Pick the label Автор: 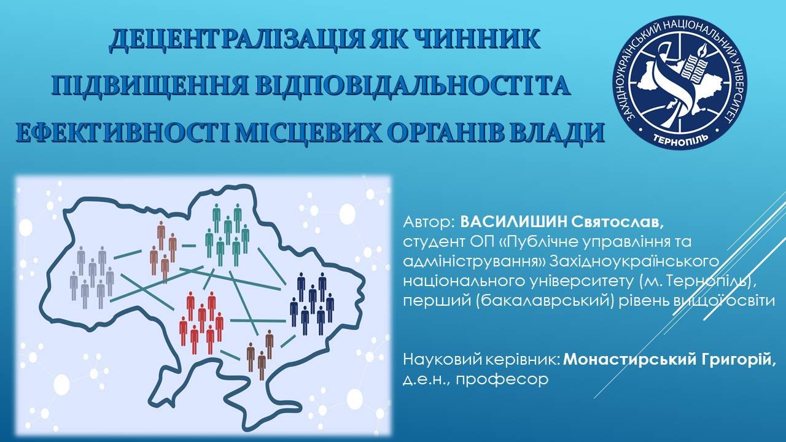tap(429, 222)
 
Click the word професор tap(502, 380)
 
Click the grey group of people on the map tap(92, 277)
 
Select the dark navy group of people tap(312, 303)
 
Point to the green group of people tap(227, 235)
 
